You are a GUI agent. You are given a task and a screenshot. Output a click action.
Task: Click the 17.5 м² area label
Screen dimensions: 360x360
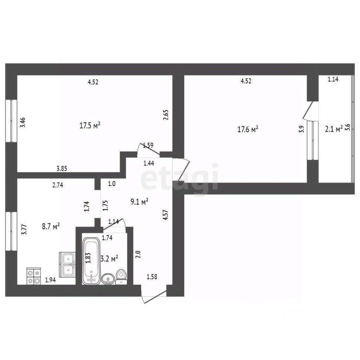(x=90, y=126)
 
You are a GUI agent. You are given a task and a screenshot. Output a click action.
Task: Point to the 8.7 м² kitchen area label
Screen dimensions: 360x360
(x=51, y=226)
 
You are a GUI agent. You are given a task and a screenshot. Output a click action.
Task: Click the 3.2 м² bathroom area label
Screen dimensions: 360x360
(x=110, y=258)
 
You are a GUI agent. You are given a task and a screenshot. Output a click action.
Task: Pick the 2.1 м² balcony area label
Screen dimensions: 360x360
(x=333, y=129)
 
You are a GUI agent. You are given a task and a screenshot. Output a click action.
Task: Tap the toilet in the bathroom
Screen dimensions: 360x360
(x=121, y=276)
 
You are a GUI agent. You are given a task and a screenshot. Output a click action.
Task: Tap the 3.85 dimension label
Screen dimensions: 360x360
(x=62, y=168)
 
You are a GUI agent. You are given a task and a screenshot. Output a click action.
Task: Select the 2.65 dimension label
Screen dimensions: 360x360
(x=165, y=114)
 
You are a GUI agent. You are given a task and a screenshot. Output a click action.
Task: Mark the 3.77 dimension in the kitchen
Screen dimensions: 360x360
(x=24, y=229)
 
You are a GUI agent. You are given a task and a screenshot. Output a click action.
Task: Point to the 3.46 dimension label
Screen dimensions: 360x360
(x=23, y=123)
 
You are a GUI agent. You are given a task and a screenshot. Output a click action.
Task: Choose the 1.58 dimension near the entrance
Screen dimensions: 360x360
(x=152, y=277)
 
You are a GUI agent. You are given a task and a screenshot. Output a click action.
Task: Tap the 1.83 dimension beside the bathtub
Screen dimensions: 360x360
(x=88, y=258)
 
